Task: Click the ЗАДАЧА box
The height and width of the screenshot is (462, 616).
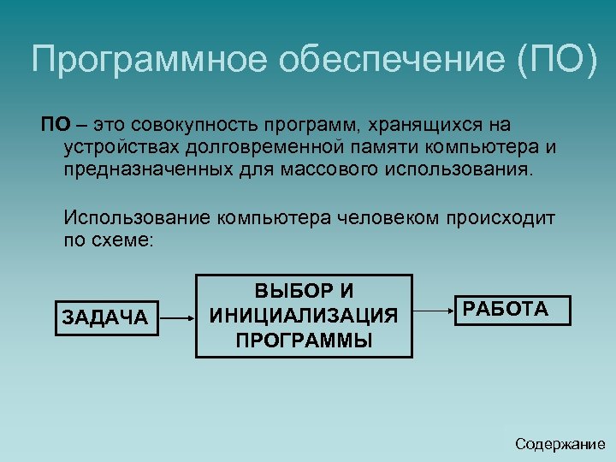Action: [105, 317]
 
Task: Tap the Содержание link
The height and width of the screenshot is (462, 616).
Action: [560, 443]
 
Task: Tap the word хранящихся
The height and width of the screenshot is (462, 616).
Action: [420, 125]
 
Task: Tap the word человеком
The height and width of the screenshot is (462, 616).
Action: [388, 218]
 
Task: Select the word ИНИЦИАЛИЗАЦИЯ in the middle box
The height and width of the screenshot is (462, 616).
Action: [304, 316]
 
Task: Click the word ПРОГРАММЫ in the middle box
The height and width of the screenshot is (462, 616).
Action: [304, 340]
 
